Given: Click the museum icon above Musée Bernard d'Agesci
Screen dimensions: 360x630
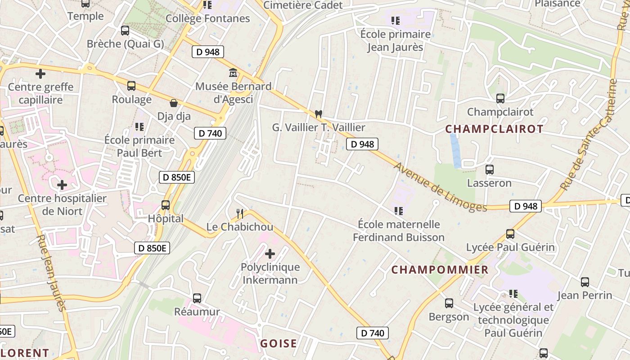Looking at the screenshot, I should point(233,72).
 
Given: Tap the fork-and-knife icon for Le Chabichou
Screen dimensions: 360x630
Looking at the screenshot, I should point(240,213).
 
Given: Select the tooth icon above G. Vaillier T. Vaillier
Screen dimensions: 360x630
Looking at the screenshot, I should point(319,114).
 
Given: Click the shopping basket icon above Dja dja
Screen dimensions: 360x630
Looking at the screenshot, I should point(173,103).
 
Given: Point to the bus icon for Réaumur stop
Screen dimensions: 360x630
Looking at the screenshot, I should point(197,298).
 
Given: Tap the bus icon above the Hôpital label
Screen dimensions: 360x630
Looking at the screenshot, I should point(166,205).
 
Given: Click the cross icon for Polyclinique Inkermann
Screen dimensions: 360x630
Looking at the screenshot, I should point(270,254).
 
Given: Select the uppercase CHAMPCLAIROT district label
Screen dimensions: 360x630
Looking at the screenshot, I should point(494,129).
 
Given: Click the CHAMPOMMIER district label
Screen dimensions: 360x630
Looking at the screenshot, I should point(440,270).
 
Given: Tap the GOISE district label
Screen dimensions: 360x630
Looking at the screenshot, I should point(279,344).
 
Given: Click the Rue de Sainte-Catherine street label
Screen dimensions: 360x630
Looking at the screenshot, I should point(589,134).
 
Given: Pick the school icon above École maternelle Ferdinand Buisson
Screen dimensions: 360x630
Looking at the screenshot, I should point(398,211).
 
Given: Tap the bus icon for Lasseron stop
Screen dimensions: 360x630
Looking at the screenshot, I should point(490,170).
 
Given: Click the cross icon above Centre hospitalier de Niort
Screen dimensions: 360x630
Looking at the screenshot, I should point(62,185).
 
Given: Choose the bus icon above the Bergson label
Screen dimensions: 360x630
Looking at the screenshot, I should point(449,303).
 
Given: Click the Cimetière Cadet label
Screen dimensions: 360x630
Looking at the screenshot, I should point(303,5).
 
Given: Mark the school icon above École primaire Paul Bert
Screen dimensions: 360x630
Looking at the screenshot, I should point(139,127).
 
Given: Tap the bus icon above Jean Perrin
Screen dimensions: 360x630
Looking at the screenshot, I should point(585,282).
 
